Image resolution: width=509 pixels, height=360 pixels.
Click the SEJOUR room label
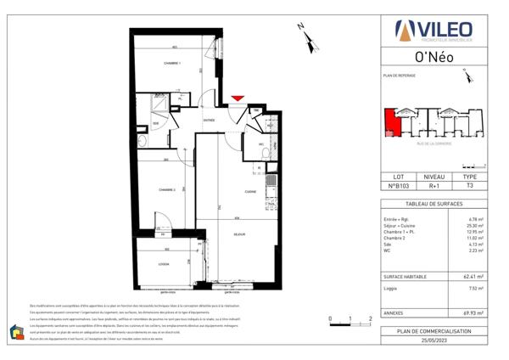(239, 234)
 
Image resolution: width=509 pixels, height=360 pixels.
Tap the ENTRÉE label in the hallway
(208, 121)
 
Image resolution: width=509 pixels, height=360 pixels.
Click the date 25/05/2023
(433, 339)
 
